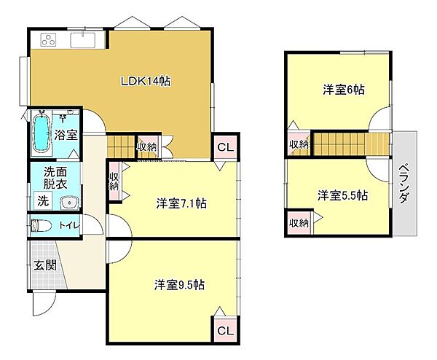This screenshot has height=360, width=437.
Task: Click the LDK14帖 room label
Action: [146, 82]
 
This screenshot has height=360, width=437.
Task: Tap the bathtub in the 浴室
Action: [42, 133]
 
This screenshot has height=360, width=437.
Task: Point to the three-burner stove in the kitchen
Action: [47, 39]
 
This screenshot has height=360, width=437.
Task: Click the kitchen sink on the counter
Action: [86, 39]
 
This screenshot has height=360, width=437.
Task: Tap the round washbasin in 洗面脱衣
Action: [69, 202]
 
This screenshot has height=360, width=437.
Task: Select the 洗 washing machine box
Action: [42, 200]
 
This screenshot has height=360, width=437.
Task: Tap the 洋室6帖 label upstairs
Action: [345, 90]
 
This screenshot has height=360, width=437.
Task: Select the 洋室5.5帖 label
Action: [342, 195]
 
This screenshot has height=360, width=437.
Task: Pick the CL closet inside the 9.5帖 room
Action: [225, 331]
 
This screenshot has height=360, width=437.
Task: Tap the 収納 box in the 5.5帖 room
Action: [297, 223]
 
